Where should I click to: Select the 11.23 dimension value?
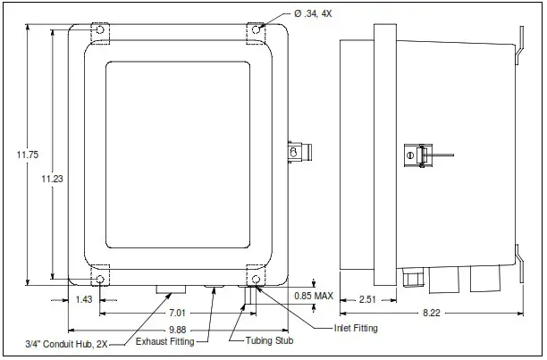point(53,179)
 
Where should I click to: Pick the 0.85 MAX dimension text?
point(314,296)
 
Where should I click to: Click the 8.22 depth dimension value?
point(430,313)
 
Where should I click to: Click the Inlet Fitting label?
point(356,329)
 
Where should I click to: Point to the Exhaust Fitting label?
point(170,341)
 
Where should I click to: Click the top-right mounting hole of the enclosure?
point(257,30)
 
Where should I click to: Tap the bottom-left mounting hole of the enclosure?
point(99,280)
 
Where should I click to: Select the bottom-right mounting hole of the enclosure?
point(257,280)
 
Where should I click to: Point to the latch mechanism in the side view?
point(413,155)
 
